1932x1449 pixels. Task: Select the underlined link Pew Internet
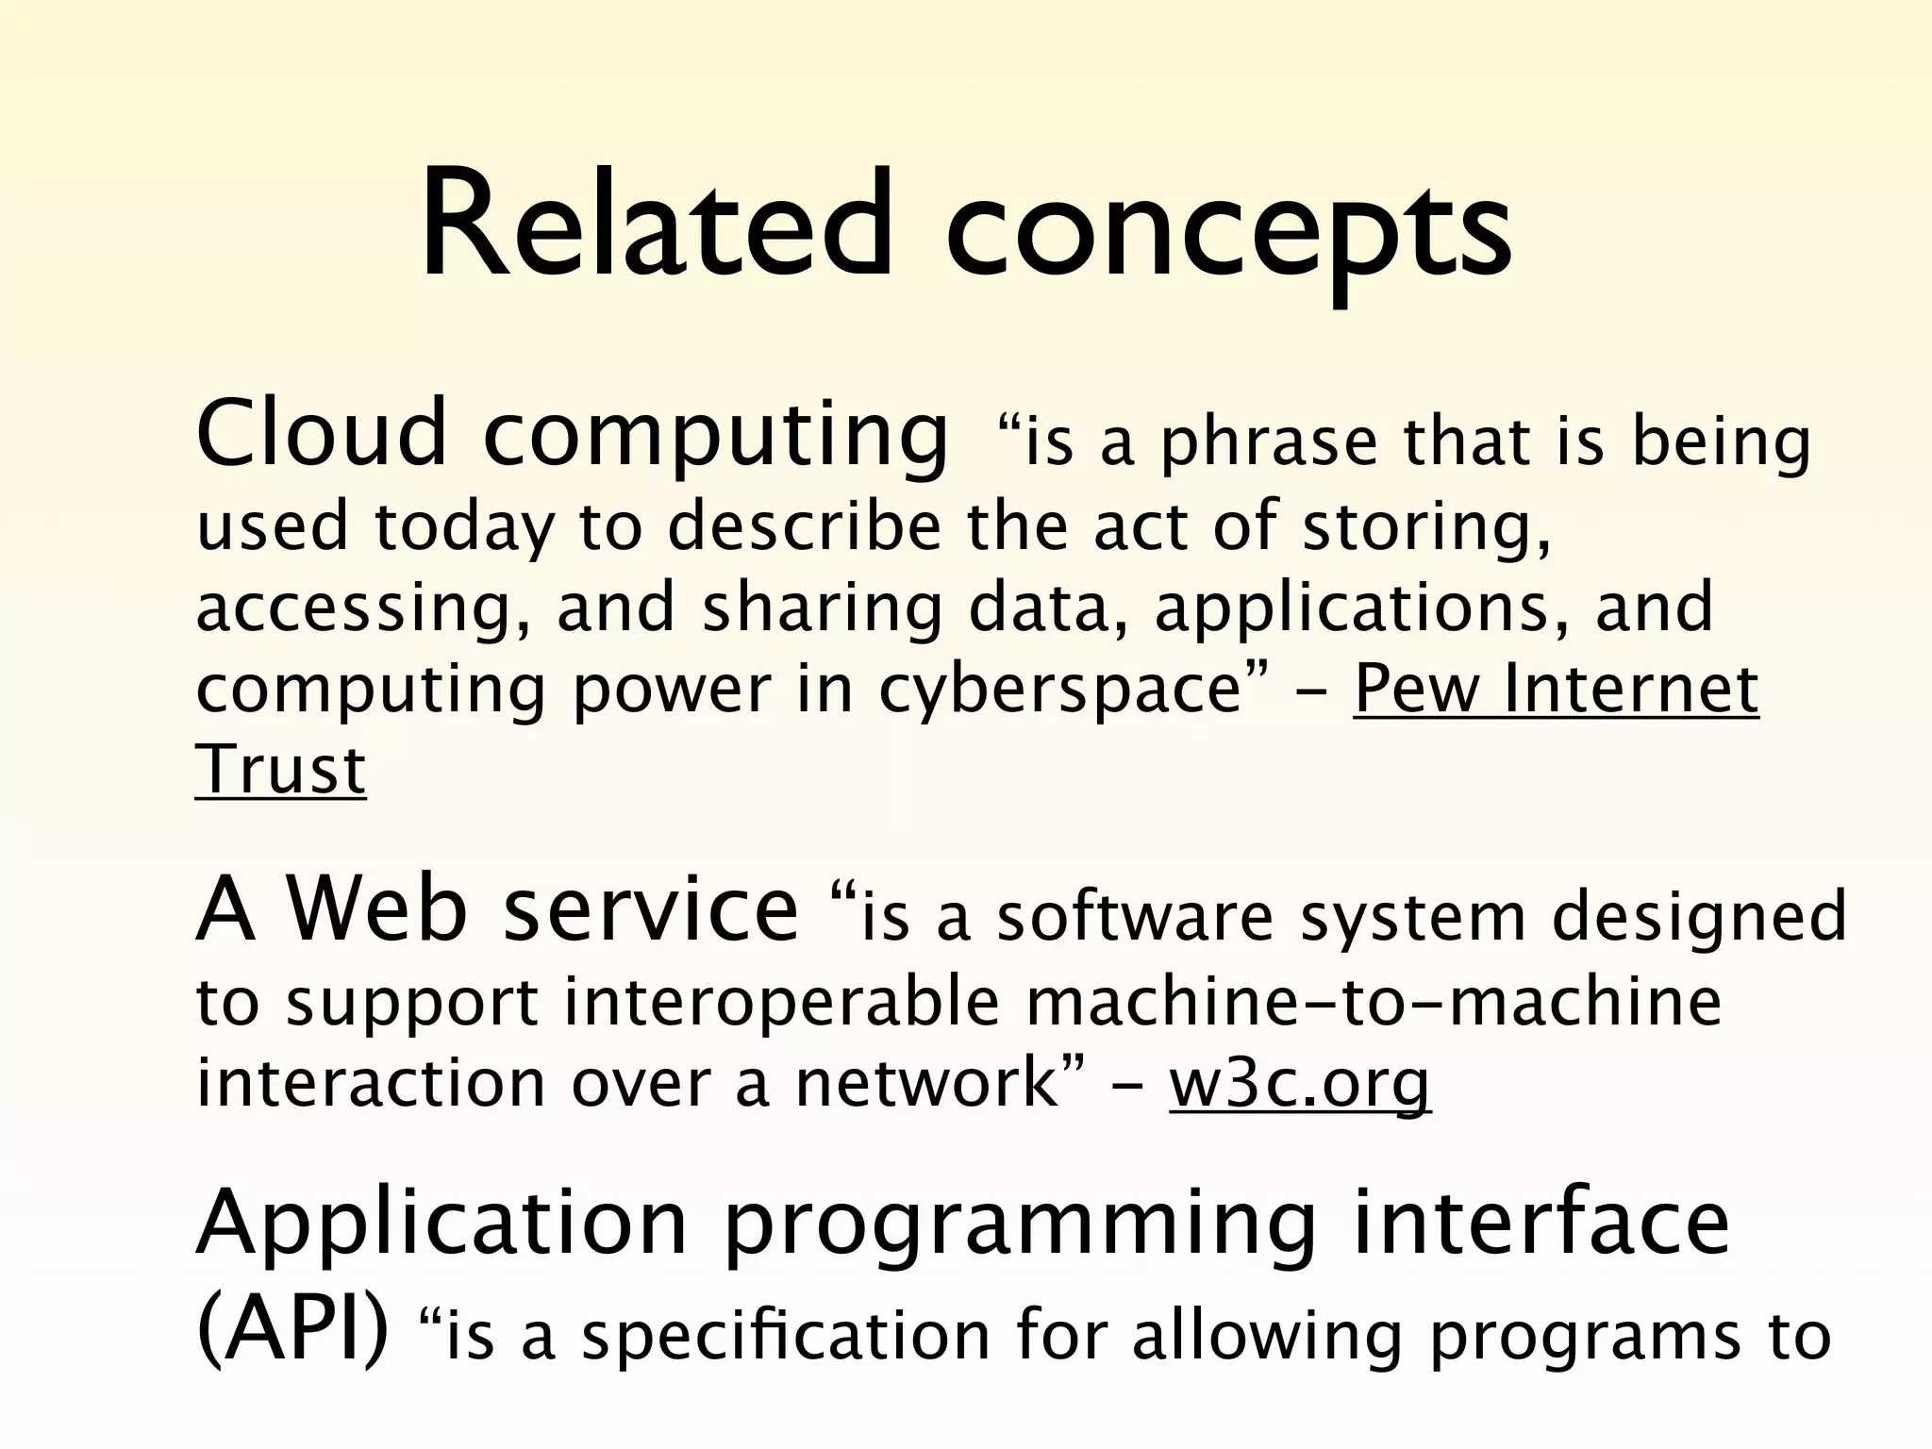point(1556,690)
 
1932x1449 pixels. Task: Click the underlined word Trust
point(280,770)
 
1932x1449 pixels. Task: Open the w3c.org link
point(1300,1083)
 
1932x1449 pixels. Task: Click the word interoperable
point(782,1002)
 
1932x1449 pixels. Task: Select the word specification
point(785,1338)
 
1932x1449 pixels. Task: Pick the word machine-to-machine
point(1373,1002)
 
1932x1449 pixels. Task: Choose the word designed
point(1699,920)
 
